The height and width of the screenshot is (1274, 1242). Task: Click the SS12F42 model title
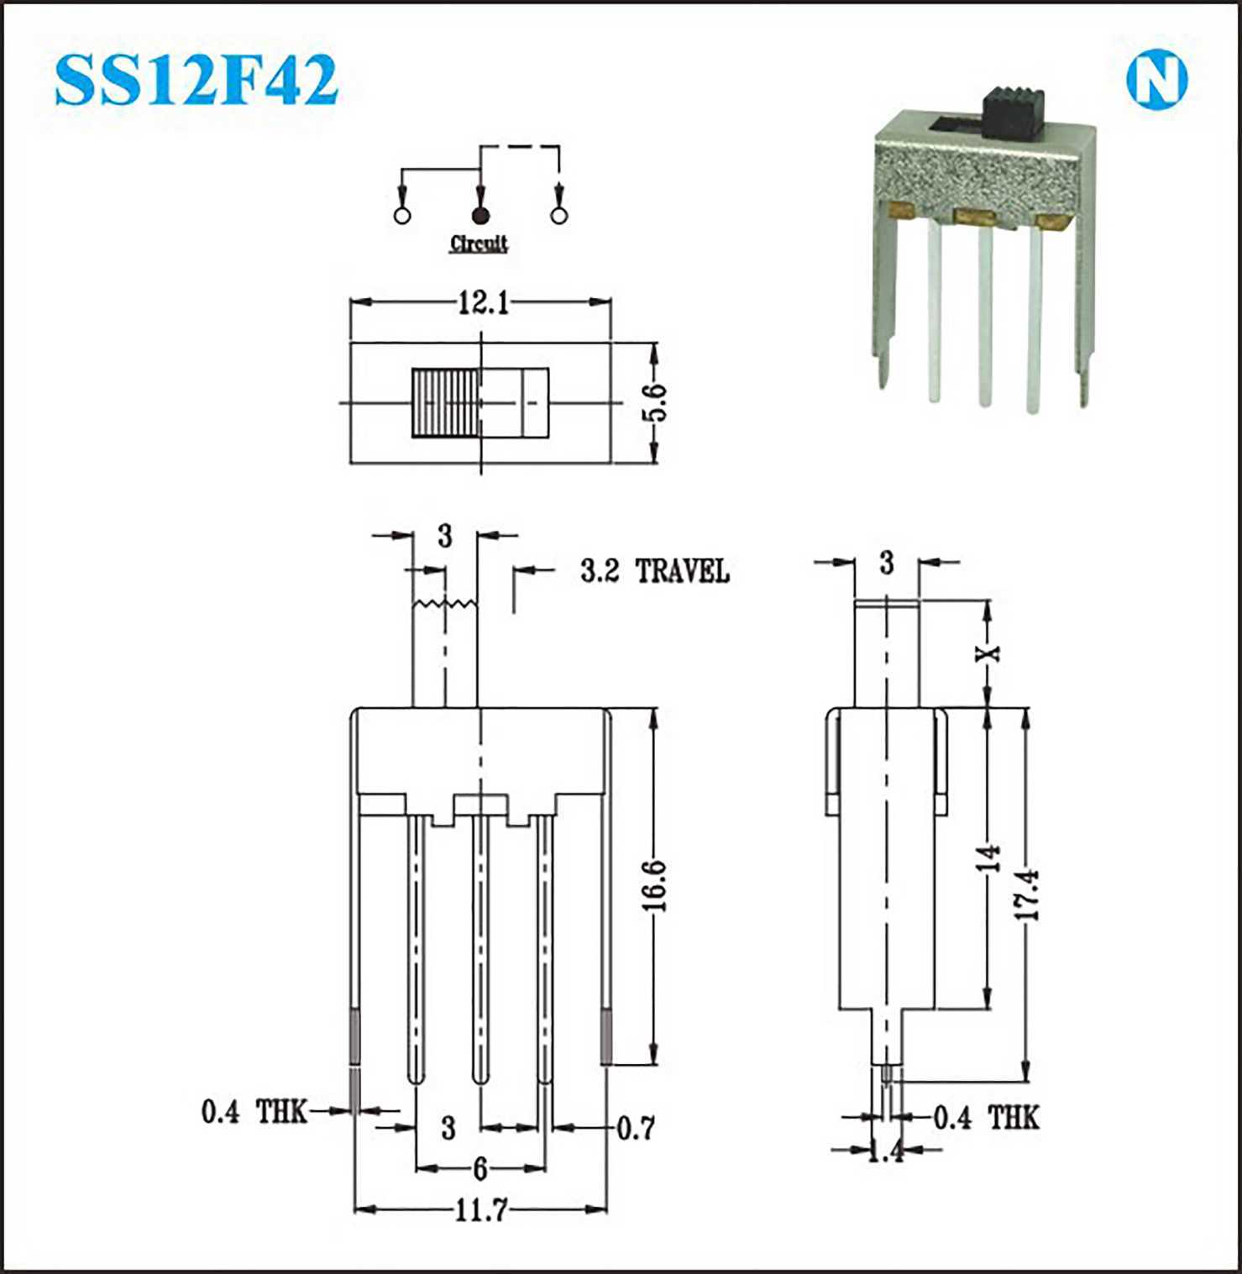[196, 81]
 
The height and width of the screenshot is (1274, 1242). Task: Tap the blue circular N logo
[1156, 81]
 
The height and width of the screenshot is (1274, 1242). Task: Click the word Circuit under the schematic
[479, 244]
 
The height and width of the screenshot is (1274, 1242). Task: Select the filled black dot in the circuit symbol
[480, 215]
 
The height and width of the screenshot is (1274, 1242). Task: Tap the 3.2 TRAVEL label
[655, 571]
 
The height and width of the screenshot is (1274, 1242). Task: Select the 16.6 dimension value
[657, 885]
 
